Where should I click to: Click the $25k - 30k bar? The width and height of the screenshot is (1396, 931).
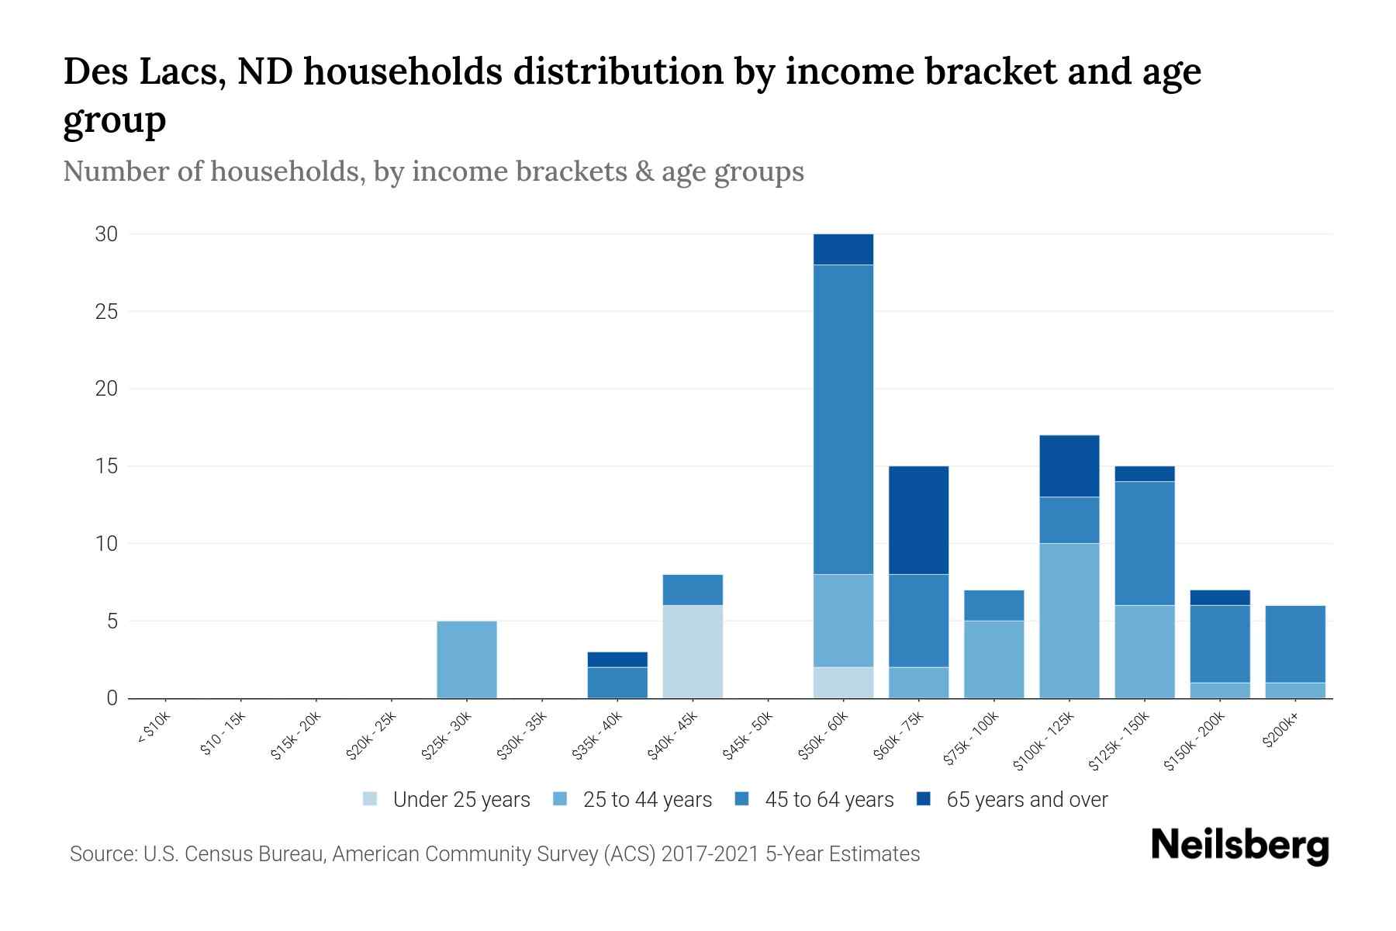(x=467, y=659)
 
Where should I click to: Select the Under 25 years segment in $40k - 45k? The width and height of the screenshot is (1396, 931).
(x=693, y=652)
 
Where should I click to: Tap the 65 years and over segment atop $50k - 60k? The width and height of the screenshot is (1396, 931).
(x=843, y=249)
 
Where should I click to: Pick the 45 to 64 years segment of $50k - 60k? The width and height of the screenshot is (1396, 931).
(x=843, y=419)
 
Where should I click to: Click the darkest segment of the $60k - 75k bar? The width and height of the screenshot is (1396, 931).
(x=918, y=520)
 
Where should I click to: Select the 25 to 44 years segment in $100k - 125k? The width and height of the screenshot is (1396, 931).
(x=1069, y=621)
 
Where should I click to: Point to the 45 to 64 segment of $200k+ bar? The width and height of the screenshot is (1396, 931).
(x=1294, y=644)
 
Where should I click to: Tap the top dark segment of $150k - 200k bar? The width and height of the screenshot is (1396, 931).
(x=1219, y=597)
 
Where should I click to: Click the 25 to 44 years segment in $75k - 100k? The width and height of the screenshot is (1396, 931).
(x=993, y=659)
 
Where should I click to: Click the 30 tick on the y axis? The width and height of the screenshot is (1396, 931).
(x=106, y=234)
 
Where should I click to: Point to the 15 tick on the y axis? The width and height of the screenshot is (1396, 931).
(x=106, y=466)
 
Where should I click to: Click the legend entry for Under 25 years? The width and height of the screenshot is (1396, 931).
(x=461, y=800)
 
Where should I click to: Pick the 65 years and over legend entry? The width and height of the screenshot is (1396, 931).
(x=1026, y=800)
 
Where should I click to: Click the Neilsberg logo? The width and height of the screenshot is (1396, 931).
(x=1239, y=846)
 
